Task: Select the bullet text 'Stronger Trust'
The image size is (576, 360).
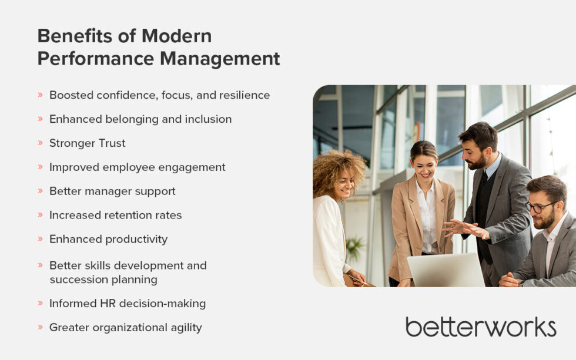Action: click(87, 143)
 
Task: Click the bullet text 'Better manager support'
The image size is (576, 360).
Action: click(112, 191)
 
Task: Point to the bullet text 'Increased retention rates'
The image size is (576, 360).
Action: click(115, 215)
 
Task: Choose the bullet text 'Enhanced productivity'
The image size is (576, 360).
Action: click(108, 239)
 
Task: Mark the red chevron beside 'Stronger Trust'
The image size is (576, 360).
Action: click(40, 143)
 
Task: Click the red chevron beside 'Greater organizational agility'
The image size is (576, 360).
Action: click(40, 328)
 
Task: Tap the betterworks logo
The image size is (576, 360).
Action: click(480, 327)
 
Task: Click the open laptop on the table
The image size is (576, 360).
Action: click(446, 270)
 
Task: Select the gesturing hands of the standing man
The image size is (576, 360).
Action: click(464, 228)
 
